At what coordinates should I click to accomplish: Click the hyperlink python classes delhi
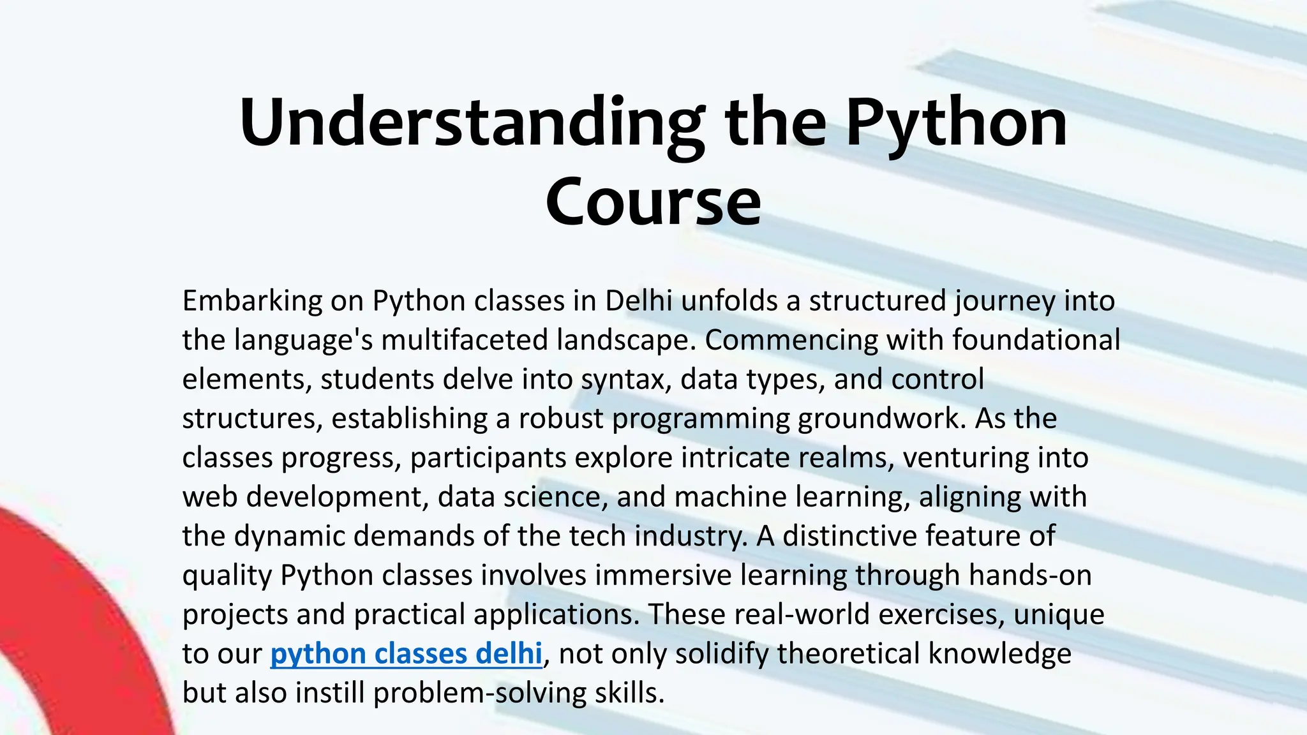[406, 654]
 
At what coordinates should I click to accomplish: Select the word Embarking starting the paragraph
[252, 301]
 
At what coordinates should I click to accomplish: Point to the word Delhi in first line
[638, 301]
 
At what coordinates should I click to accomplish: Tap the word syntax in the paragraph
[625, 380]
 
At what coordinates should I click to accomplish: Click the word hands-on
[1029, 575]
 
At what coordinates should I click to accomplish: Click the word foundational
[1036, 340]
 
